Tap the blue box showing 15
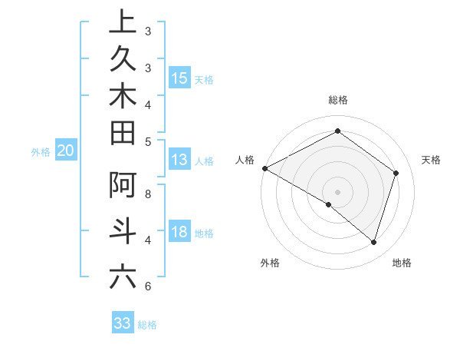(179, 78)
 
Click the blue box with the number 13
(179, 160)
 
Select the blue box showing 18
(179, 233)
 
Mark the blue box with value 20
(65, 151)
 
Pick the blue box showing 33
(122, 323)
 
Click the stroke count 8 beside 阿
(148, 194)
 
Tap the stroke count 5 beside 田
(148, 141)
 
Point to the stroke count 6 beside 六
(148, 286)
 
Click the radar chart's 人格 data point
(264, 168)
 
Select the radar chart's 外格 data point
(329, 205)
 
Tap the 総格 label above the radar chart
(337, 100)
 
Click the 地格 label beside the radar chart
(402, 263)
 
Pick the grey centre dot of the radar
(337, 191)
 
